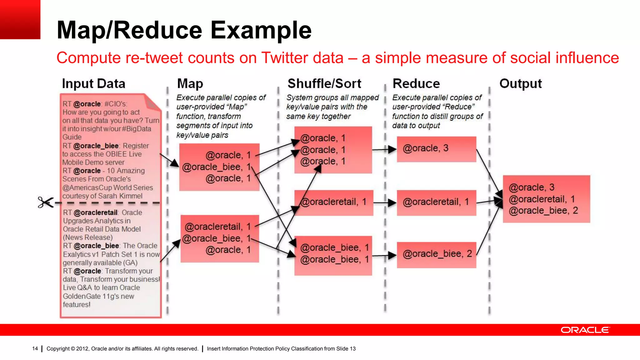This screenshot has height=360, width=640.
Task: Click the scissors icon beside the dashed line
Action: pyautogui.click(x=46, y=202)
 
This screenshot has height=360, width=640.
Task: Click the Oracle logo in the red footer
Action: pyautogui.click(x=585, y=330)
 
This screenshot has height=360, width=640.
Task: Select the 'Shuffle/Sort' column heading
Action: pyautogui.click(x=324, y=84)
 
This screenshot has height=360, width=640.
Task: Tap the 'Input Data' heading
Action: pyautogui.click(x=93, y=84)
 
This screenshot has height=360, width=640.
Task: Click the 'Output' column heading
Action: pyautogui.click(x=520, y=84)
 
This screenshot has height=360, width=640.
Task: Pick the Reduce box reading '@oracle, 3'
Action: pyautogui.click(x=436, y=149)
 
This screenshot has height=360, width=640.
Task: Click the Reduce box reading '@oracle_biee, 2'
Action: pyautogui.click(x=436, y=254)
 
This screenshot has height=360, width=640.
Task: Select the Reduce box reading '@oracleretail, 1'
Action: pyautogui.click(x=436, y=202)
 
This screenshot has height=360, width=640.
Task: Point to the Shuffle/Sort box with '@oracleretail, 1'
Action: pyautogui.click(x=333, y=202)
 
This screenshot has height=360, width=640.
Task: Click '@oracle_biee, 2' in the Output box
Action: pyautogui.click(x=543, y=211)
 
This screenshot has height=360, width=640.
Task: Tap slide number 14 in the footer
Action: pyautogui.click(x=35, y=348)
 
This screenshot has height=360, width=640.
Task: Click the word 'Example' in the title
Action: pyautogui.click(x=261, y=30)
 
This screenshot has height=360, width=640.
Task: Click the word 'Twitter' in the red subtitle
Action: pyautogui.click(x=302, y=58)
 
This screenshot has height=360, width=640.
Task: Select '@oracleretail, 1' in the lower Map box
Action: pyautogui.click(x=218, y=227)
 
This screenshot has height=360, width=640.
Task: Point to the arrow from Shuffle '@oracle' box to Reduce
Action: pyautogui.click(x=384, y=150)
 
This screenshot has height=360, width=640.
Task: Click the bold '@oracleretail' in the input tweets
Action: pyautogui.click(x=96, y=212)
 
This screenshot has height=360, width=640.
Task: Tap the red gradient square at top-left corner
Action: pyautogui.click(x=20, y=19)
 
